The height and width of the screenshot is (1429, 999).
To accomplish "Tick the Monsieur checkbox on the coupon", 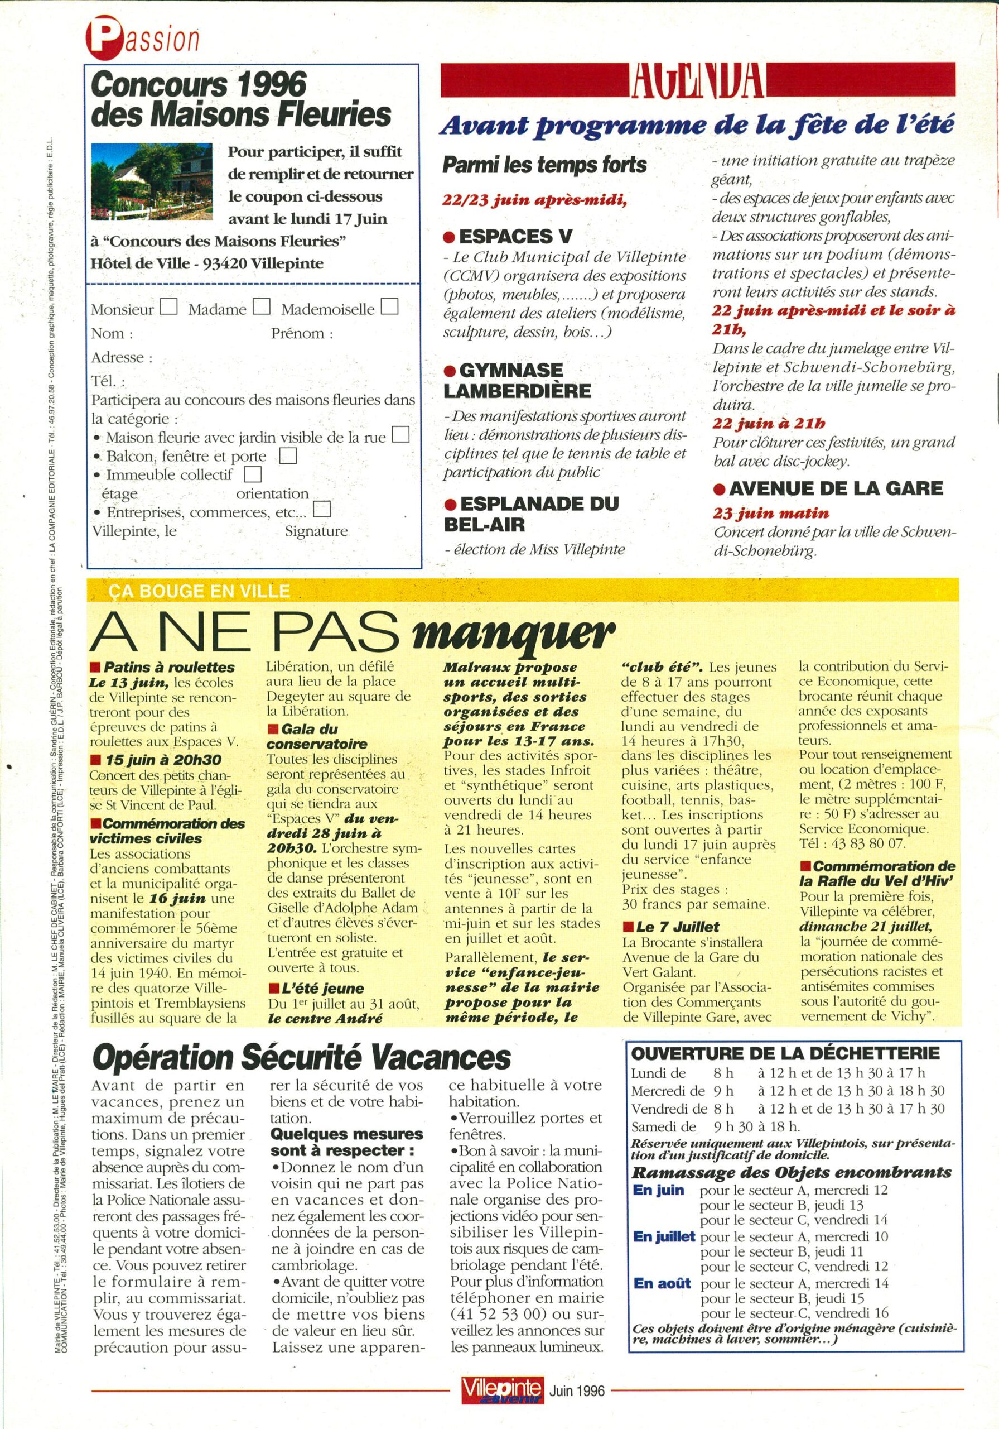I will [x=168, y=307].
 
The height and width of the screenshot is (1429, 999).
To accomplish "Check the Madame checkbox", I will [x=261, y=307].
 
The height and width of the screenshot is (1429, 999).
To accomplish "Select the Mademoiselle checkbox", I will [x=389, y=307].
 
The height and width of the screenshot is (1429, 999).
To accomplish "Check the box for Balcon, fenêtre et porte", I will [x=288, y=456].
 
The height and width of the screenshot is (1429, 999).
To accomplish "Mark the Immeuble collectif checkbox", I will [x=253, y=475].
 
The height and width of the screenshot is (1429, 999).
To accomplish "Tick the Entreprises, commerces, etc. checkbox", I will [x=322, y=510].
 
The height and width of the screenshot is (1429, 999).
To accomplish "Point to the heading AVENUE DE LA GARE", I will [x=836, y=488].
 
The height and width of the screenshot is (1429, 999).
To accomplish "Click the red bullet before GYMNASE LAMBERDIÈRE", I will [x=448, y=372].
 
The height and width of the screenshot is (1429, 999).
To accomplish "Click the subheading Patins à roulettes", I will [x=168, y=667].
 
